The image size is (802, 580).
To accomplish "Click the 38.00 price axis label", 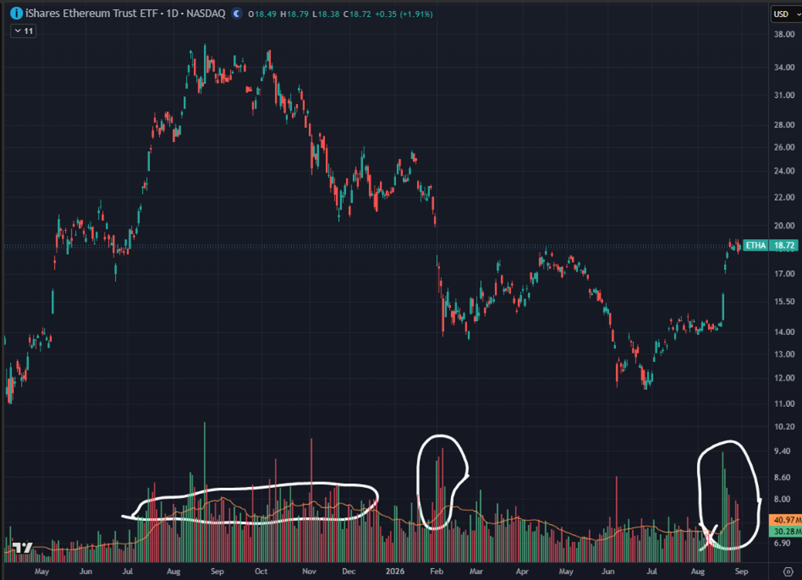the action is pyautogui.click(x=784, y=34).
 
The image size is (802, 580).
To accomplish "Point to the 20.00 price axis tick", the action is pyautogui.click(x=784, y=226).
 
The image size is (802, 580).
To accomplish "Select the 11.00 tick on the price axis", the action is pyautogui.click(x=784, y=404).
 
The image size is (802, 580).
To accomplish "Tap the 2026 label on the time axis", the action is pyautogui.click(x=395, y=571).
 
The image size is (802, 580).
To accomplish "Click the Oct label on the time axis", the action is pyautogui.click(x=261, y=571).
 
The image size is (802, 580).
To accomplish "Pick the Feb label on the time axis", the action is pyautogui.click(x=437, y=571).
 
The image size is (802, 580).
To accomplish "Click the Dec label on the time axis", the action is pyautogui.click(x=349, y=571).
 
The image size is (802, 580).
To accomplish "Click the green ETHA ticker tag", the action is pyautogui.click(x=756, y=245).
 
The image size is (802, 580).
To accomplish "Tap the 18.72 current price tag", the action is pyautogui.click(x=784, y=245).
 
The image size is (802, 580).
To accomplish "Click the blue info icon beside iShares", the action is pyautogui.click(x=16, y=14).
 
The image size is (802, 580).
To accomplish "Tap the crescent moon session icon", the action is pyautogui.click(x=237, y=14).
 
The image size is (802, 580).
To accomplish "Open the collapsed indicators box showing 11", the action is pyautogui.click(x=24, y=31).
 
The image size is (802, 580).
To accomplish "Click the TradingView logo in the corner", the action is pyautogui.click(x=22, y=548).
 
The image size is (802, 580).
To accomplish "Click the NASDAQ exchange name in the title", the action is pyautogui.click(x=206, y=14).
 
